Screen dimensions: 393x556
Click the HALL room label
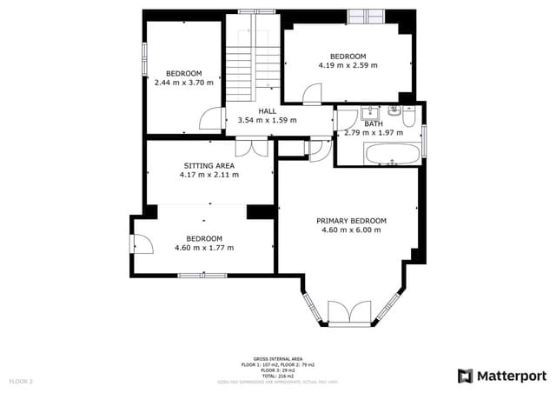tap(268, 111)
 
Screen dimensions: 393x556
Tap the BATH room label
tap(374, 124)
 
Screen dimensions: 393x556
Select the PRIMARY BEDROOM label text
tap(351, 221)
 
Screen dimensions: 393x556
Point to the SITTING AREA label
tap(209, 165)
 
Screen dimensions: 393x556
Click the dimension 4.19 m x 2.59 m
tap(347, 65)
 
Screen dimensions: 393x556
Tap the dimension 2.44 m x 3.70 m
tap(183, 83)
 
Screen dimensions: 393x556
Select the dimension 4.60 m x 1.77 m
tap(204, 248)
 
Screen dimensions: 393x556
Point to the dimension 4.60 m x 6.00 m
tap(351, 230)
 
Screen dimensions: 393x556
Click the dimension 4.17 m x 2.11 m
tap(209, 175)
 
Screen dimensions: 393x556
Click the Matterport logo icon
tap(466, 376)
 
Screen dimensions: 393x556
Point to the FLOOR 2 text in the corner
tap(21, 381)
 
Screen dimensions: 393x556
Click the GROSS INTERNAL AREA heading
tap(278, 358)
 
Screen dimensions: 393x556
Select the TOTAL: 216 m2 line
tap(278, 375)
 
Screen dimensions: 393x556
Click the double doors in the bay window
tap(351, 312)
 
